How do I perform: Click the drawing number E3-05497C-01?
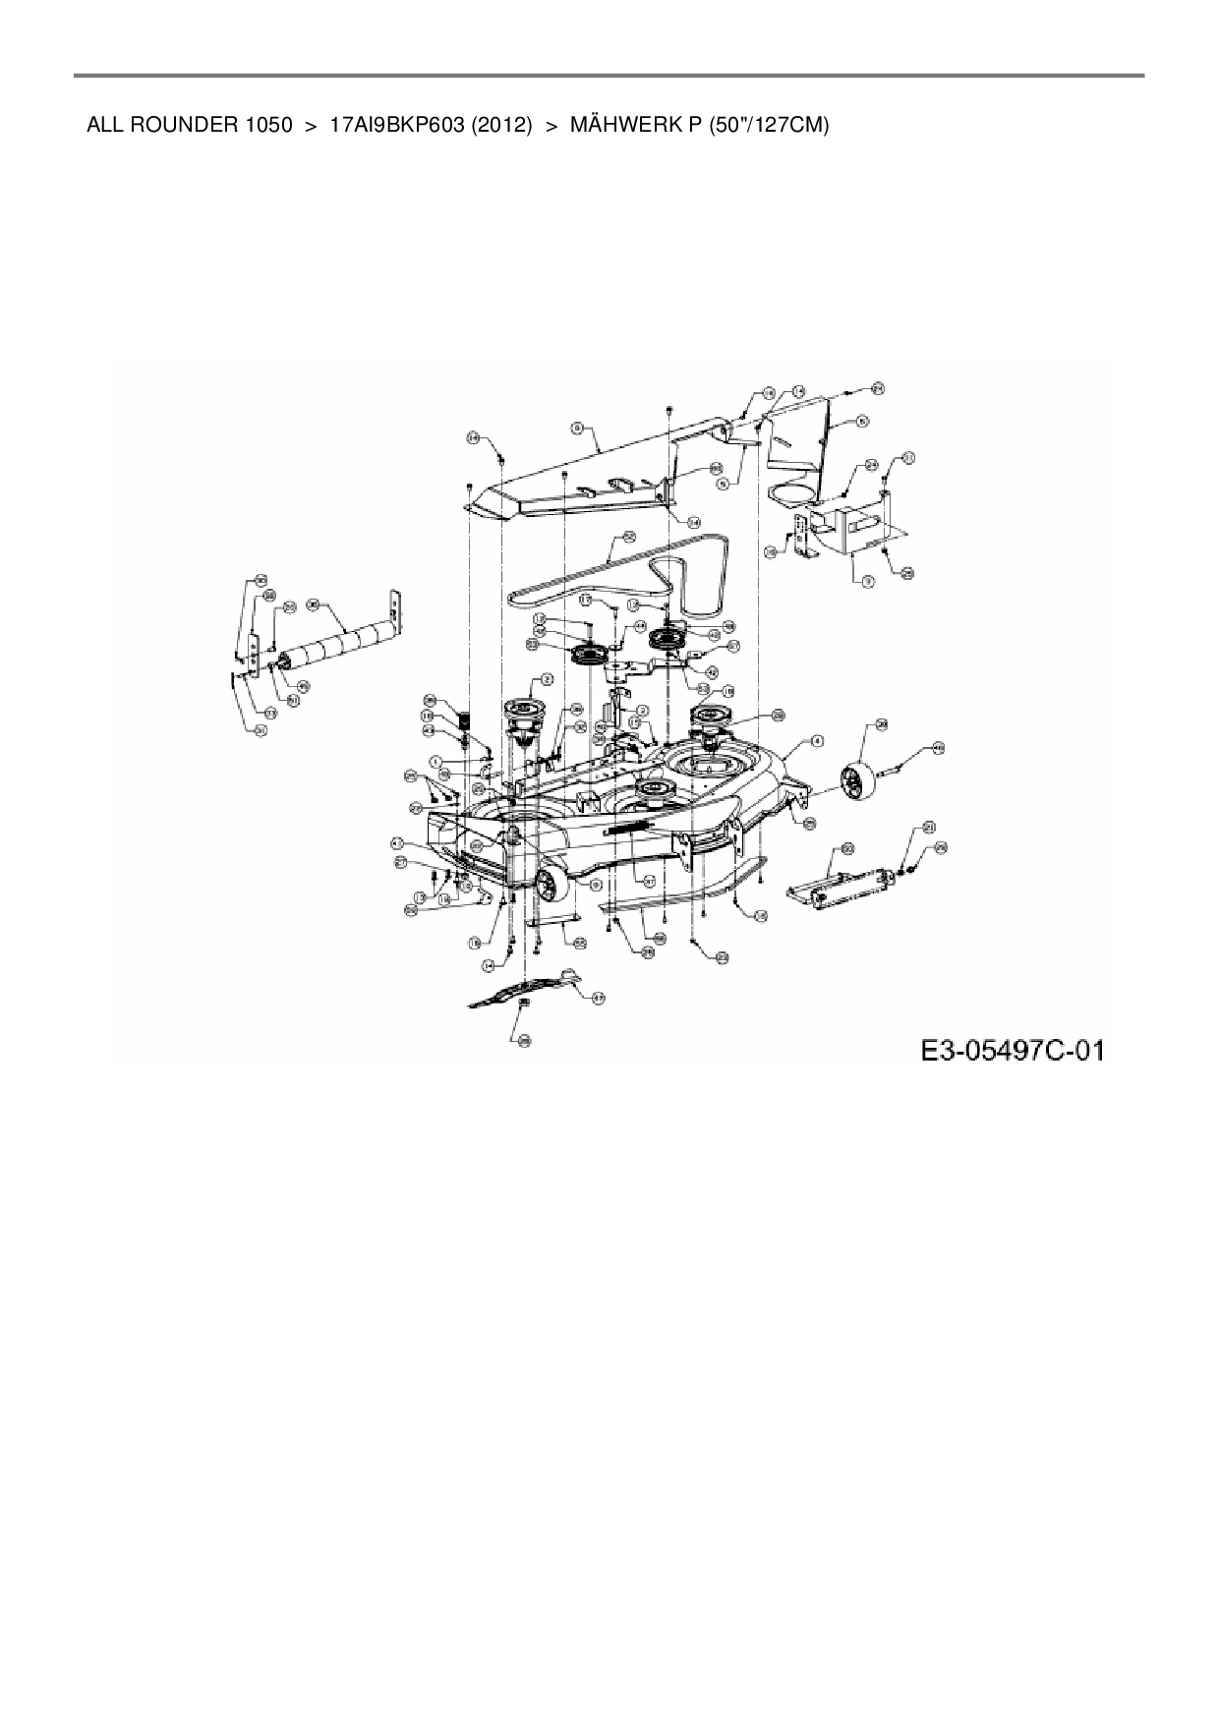point(1012,1051)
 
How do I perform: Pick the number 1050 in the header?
point(262,126)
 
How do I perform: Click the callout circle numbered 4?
point(817,741)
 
